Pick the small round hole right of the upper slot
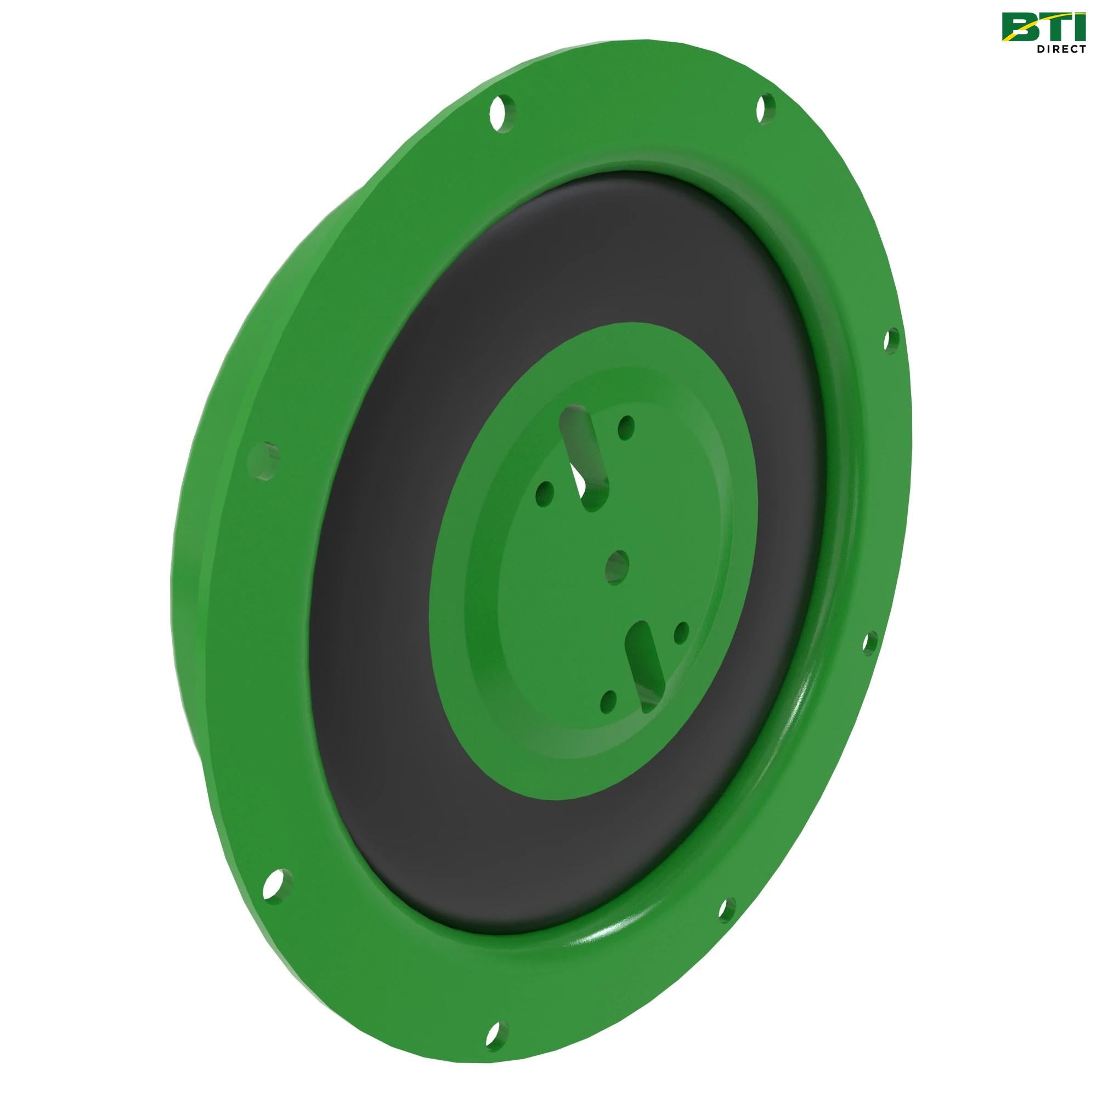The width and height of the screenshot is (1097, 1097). click(626, 424)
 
